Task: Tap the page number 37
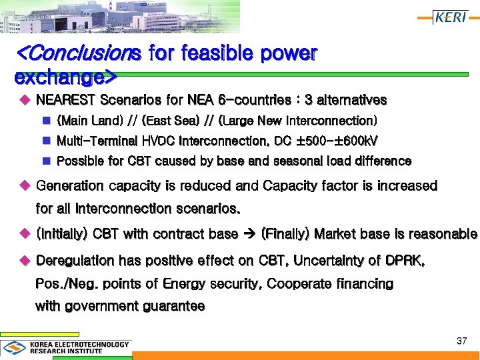[461, 341]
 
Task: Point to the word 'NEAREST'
[65, 101]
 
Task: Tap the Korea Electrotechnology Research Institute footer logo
[67, 347]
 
